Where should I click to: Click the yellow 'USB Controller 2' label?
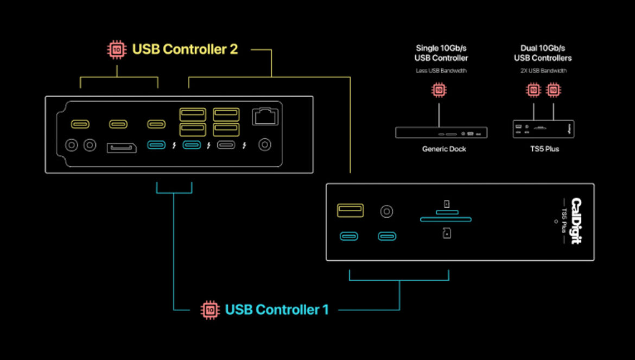click(x=185, y=49)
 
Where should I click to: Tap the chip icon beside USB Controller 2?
click(x=116, y=50)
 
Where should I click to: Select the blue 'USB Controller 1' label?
click(x=276, y=310)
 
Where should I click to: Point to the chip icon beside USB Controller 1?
click(x=209, y=310)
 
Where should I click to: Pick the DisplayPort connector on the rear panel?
click(x=121, y=147)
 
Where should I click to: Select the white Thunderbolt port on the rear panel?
click(x=226, y=145)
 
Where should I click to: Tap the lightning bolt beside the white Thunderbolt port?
click(x=245, y=146)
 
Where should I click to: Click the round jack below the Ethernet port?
click(x=265, y=144)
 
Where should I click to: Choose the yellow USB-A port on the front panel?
click(x=350, y=210)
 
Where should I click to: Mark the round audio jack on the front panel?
click(x=386, y=211)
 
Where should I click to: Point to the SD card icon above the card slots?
click(x=446, y=204)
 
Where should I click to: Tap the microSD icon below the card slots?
click(x=446, y=233)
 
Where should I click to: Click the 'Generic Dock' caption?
click(x=444, y=149)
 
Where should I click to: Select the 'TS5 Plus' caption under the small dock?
click(x=543, y=149)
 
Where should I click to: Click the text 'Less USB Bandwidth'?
click(x=441, y=71)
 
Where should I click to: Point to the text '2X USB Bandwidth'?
click(x=543, y=71)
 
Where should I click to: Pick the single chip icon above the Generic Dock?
click(x=439, y=90)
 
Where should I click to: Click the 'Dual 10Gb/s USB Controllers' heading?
click(x=543, y=53)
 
